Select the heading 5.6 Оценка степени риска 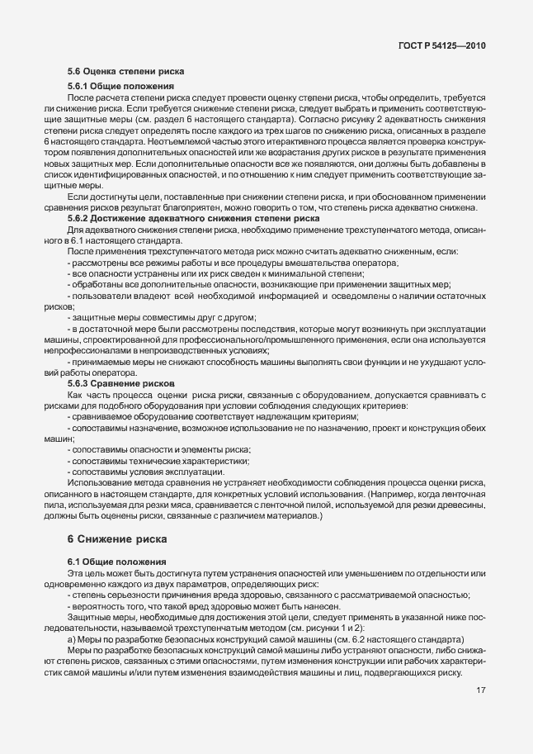pos(126,71)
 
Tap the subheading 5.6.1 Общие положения pos(120,87)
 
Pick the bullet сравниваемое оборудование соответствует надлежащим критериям pos(215,417)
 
